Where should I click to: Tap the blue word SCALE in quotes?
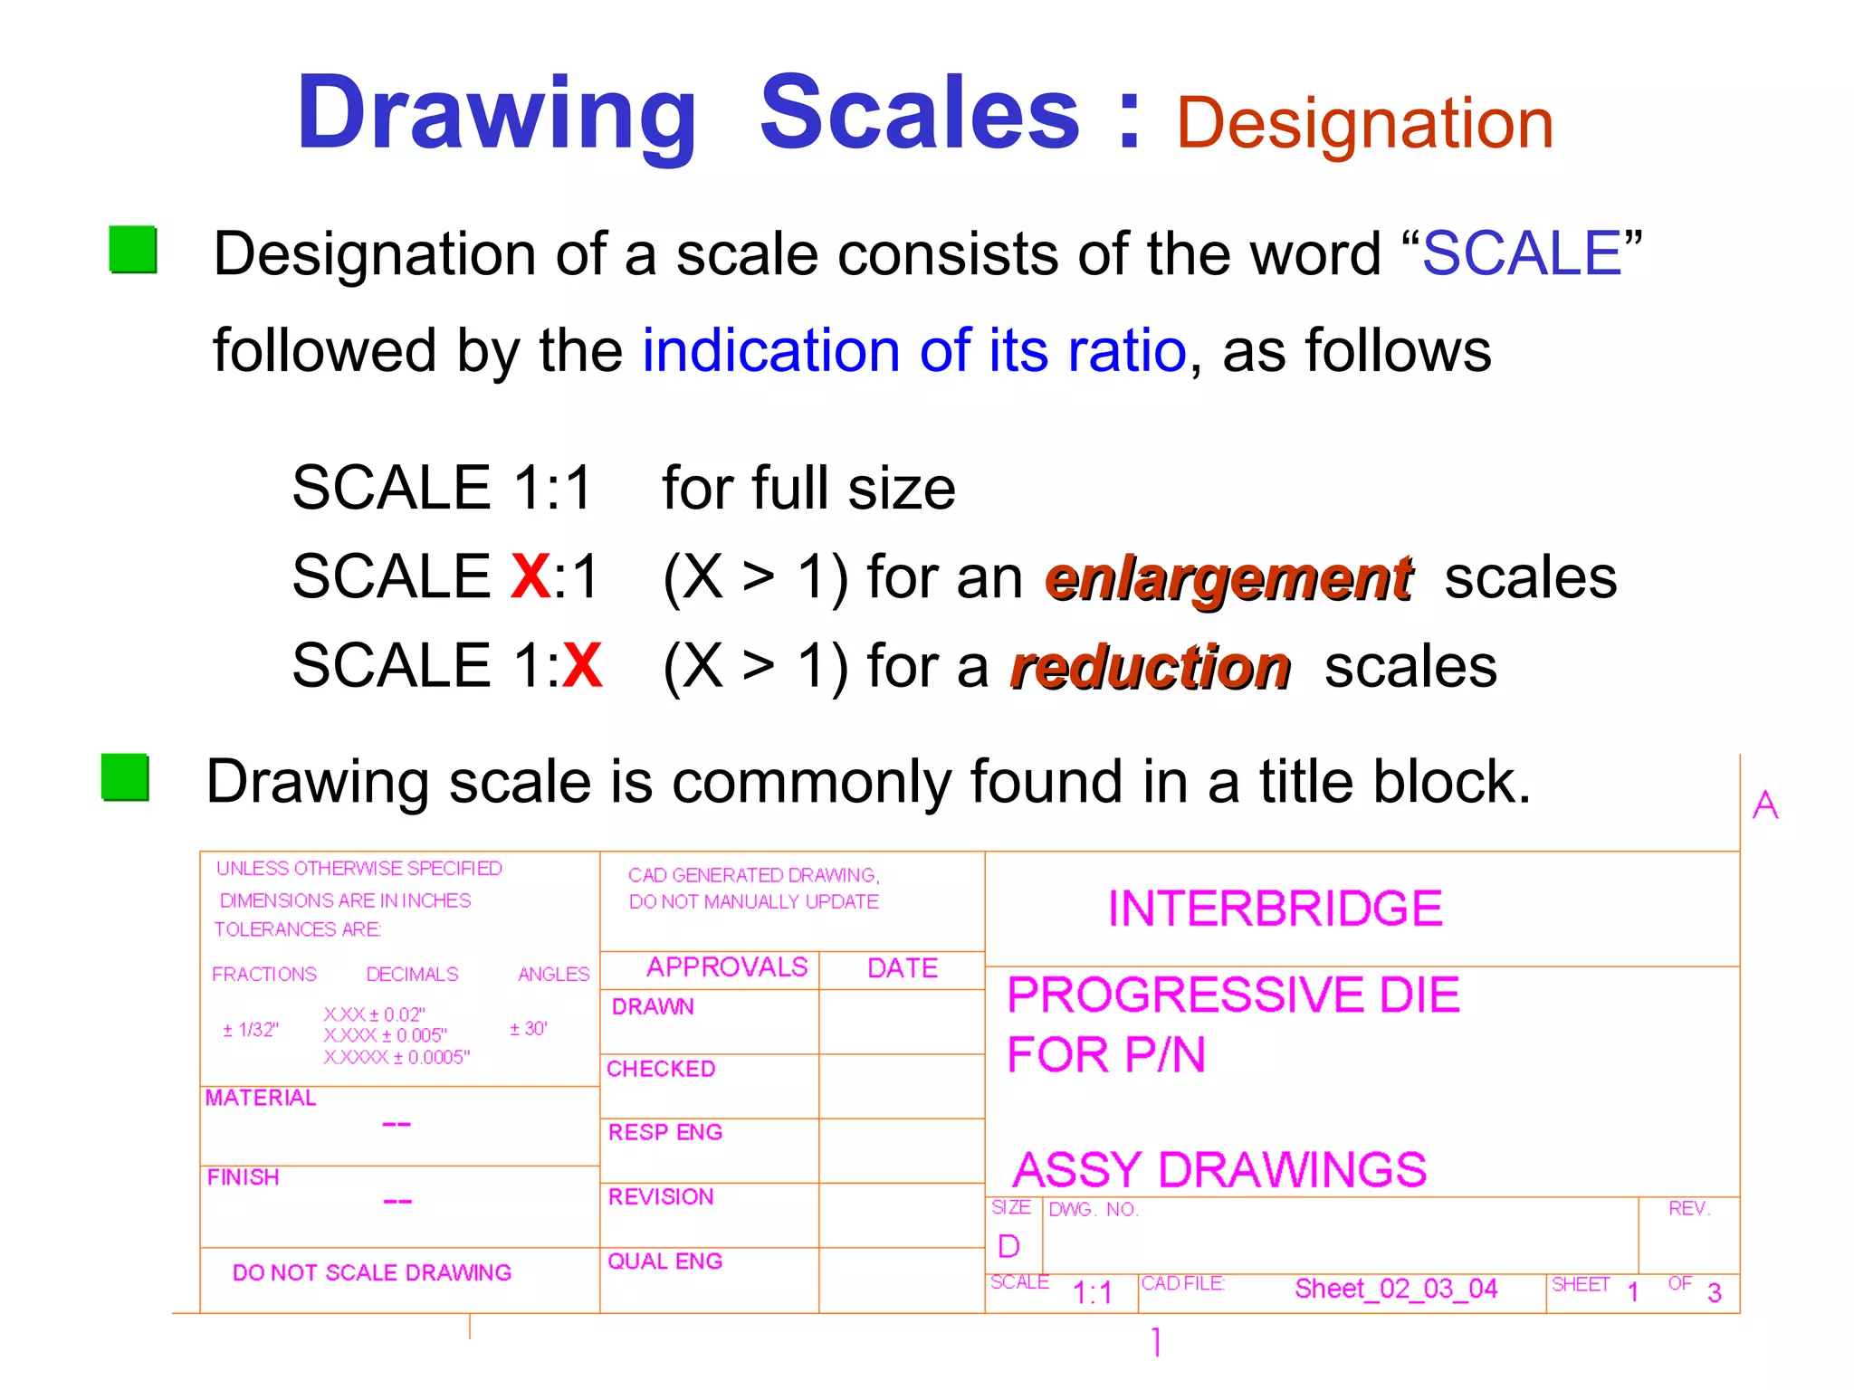click(1521, 253)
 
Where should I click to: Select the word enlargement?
click(1228, 579)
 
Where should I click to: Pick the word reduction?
click(1151, 669)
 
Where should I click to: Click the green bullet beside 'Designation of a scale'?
click(132, 250)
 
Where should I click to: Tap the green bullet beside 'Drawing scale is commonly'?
click(125, 777)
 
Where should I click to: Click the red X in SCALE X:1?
click(530, 576)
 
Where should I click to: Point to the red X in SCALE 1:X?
click(581, 665)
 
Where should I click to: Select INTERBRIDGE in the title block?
click(1275, 909)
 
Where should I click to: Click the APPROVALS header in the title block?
click(727, 967)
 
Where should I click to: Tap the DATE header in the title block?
click(902, 968)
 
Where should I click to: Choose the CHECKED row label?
click(661, 1069)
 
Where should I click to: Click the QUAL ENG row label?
click(664, 1261)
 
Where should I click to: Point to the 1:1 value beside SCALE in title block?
click(1092, 1292)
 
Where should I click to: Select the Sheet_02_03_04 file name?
click(1396, 1288)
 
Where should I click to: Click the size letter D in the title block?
click(1008, 1246)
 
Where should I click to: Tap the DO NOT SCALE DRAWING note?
click(372, 1272)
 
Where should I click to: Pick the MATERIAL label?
click(261, 1098)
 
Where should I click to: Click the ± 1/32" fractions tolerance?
click(251, 1030)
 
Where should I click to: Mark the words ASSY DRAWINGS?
click(1219, 1169)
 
